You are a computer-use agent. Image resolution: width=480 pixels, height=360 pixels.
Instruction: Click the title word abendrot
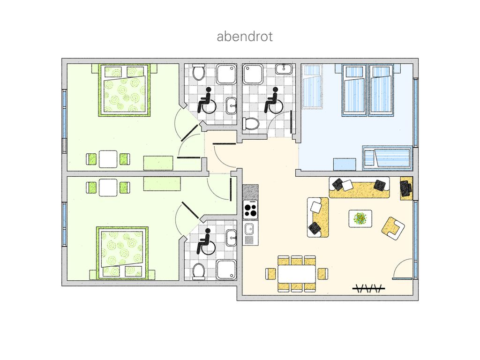[x=245, y=37]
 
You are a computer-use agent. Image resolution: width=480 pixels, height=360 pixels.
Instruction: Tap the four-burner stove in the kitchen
[x=250, y=210]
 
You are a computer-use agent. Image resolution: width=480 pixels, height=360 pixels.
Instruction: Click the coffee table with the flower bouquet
[x=360, y=218]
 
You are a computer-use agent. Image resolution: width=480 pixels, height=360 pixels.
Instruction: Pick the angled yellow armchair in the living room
[x=393, y=228]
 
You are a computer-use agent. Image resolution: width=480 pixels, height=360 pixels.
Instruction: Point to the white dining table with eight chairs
[x=297, y=274]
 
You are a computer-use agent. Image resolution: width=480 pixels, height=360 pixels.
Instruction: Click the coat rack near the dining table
[x=368, y=288]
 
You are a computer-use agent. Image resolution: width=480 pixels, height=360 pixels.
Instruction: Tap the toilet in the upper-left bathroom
[x=199, y=72]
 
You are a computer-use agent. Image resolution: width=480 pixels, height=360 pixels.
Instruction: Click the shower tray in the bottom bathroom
[x=226, y=270]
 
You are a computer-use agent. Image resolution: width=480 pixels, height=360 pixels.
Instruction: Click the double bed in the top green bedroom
[x=124, y=90]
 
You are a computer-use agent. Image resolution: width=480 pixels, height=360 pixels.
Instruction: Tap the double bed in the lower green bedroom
[x=122, y=253]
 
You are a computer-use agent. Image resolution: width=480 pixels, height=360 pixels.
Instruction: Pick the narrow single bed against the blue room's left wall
[x=312, y=87]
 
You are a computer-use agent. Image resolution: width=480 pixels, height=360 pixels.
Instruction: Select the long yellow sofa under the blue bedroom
[x=360, y=187]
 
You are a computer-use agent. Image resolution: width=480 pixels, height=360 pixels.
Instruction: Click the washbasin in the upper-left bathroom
[x=232, y=105]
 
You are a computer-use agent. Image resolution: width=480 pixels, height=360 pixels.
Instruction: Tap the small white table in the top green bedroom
[x=108, y=159]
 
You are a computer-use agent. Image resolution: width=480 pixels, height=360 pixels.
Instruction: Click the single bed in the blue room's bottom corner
[x=387, y=158]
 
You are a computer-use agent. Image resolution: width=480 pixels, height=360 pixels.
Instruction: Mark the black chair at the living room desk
[x=405, y=188]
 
